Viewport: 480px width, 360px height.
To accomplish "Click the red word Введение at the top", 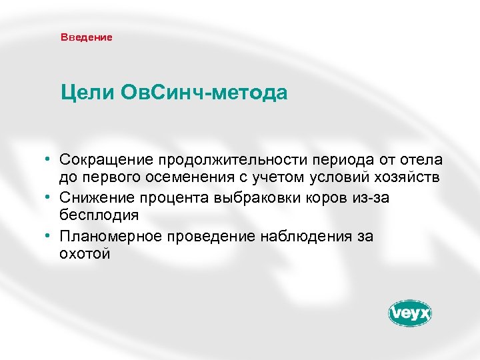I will click(86, 37).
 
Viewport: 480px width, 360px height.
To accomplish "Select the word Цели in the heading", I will click(87, 92).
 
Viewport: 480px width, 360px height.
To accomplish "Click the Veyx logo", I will click(410, 313).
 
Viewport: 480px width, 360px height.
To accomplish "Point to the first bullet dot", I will click(49, 160).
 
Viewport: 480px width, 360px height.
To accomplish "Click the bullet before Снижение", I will click(49, 197).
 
